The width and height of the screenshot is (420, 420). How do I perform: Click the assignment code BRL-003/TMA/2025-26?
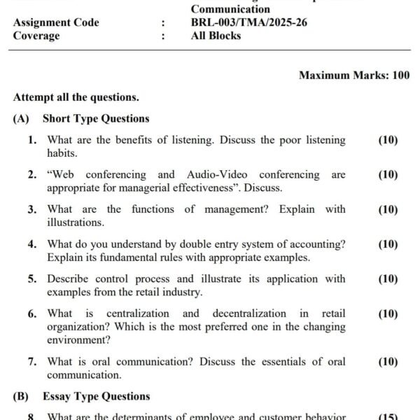[248, 22]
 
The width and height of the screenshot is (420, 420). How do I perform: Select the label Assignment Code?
[56, 22]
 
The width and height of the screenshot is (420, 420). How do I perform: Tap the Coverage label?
[36, 36]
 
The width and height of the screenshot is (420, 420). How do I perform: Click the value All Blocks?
[216, 36]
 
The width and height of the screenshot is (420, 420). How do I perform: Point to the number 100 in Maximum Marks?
[401, 75]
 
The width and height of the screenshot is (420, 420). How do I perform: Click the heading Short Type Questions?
[96, 119]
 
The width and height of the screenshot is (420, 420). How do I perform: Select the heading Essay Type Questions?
[96, 397]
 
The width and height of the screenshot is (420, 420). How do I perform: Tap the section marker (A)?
[21, 119]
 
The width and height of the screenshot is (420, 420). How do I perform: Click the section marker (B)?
[21, 397]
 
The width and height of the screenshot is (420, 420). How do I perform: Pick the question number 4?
[33, 244]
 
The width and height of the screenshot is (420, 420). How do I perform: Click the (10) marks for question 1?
[388, 140]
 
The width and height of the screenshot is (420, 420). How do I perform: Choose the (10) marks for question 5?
[388, 279]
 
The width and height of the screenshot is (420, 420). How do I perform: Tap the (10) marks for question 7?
[388, 362]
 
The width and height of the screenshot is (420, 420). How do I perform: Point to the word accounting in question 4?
[318, 244]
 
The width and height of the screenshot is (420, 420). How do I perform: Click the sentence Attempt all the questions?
[76, 97]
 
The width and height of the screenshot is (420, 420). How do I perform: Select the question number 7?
[33, 362]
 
